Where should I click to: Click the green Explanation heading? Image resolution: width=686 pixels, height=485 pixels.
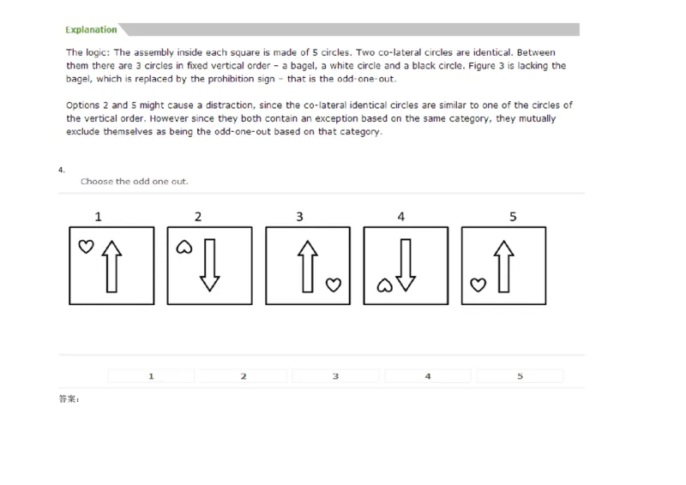[92, 29]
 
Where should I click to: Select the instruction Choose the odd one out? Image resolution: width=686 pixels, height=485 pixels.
[134, 182]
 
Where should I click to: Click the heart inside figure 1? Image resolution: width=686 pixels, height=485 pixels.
[85, 246]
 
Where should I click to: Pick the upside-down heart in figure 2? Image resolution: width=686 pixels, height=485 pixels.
[184, 247]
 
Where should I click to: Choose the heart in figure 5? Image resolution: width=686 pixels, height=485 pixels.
[477, 284]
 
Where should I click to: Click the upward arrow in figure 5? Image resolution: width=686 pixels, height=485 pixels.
[504, 265]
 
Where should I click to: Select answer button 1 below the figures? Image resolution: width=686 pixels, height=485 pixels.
[151, 375]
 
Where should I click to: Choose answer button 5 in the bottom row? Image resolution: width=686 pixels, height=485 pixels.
[520, 375]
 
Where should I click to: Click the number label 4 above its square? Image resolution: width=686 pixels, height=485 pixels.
[401, 217]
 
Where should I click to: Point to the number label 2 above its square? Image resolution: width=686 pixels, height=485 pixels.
[198, 217]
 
